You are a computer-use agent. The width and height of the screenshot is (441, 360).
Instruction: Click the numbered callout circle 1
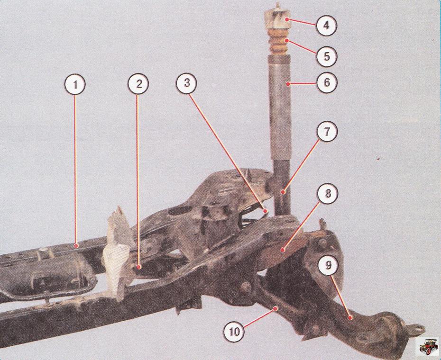(75, 85)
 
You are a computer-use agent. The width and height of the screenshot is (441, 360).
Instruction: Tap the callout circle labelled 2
(138, 84)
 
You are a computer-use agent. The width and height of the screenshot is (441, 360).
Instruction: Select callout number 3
(187, 83)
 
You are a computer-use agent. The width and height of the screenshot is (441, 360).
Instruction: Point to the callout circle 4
(326, 25)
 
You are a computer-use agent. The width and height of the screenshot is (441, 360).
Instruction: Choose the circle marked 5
(327, 56)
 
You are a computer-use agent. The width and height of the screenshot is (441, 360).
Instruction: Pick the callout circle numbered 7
(327, 132)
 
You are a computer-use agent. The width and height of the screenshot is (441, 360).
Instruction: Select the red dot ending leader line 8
(283, 249)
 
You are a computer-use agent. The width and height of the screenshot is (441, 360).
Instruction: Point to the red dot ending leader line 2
(138, 267)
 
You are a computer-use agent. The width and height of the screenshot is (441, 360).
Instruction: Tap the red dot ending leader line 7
(283, 192)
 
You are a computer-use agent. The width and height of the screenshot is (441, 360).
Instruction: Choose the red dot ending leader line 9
(349, 317)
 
